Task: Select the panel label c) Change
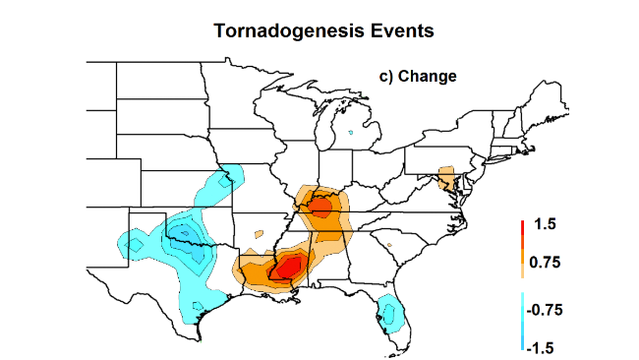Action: [x=418, y=75]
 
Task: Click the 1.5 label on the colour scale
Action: [x=546, y=224]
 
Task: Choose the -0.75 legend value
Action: [x=548, y=310]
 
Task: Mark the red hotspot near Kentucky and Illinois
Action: [x=320, y=207]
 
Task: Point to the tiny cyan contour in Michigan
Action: [x=351, y=131]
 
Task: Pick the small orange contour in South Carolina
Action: [x=390, y=245]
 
